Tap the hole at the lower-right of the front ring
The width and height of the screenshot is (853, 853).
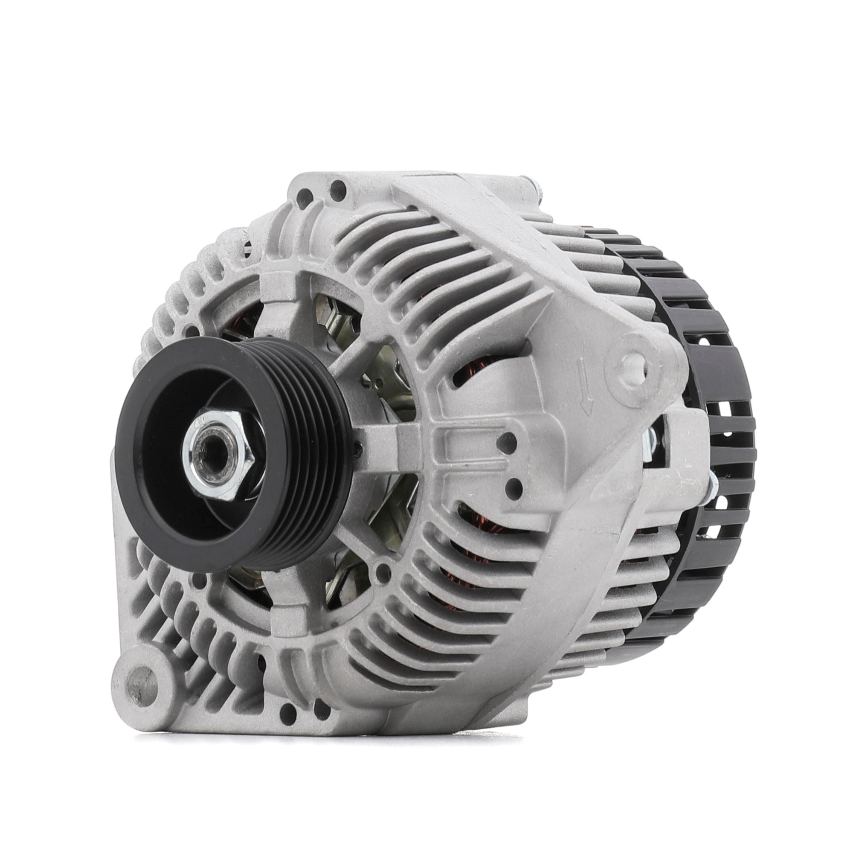378,574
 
